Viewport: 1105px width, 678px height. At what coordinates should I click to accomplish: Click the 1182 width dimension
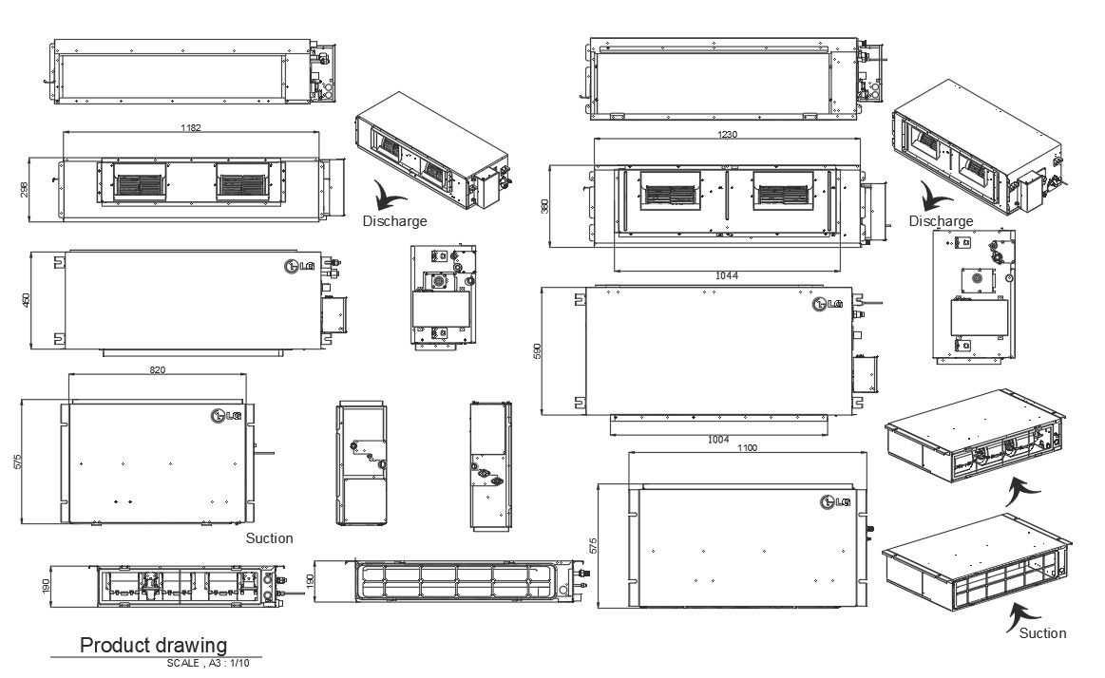coord(191,127)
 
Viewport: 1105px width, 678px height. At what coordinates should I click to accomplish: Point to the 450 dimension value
coord(26,300)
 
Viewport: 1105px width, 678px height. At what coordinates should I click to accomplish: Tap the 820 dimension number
coord(158,369)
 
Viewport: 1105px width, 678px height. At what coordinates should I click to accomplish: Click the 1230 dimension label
coord(727,134)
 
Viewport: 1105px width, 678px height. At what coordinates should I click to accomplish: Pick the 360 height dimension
coord(544,207)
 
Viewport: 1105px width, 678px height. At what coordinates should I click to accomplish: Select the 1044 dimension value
coord(727,276)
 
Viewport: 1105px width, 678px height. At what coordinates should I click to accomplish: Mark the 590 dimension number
coord(537,352)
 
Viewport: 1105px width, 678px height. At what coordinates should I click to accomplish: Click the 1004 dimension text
coord(718,440)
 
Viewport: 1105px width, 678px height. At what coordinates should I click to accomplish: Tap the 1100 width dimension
coord(747,448)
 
